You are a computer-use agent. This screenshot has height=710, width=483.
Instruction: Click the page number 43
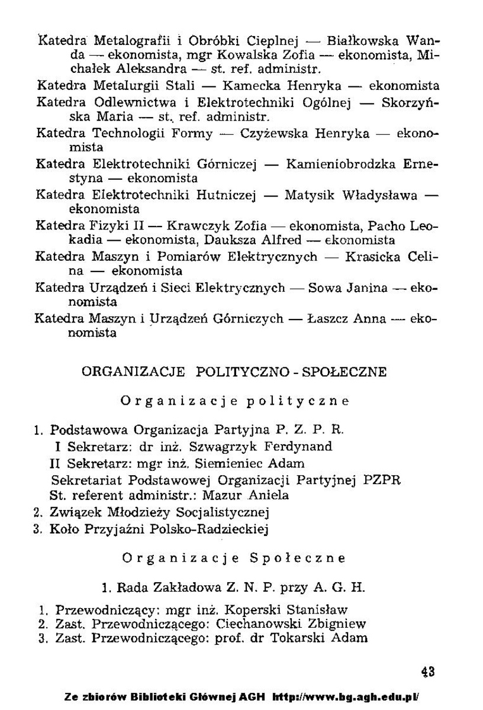click(428, 672)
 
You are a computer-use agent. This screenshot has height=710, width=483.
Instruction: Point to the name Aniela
click(268, 495)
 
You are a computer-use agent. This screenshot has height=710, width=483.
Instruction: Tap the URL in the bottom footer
click(346, 696)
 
